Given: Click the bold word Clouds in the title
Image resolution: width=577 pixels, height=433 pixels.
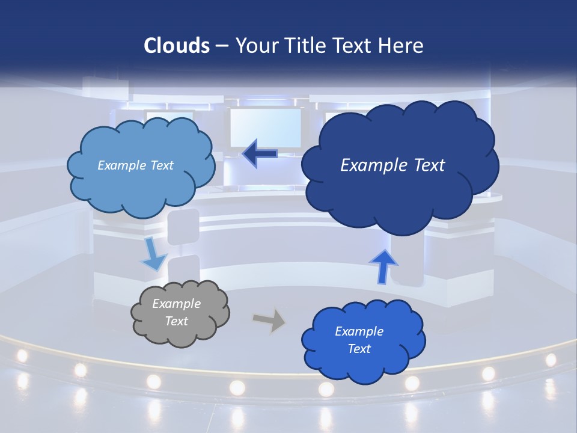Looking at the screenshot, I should (177, 46).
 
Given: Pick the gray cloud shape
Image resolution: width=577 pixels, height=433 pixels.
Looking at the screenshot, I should (180, 313).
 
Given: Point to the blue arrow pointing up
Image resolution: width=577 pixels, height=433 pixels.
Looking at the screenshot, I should (383, 265).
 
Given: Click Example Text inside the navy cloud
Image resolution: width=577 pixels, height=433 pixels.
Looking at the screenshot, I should (392, 165).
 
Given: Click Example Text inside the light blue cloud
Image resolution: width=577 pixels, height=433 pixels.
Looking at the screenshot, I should (135, 165).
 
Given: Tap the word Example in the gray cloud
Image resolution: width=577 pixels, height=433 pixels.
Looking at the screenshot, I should (176, 304).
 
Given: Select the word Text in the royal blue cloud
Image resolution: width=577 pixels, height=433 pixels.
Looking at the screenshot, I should (359, 349).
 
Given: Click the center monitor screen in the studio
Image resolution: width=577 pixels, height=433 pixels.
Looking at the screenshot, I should (265, 127).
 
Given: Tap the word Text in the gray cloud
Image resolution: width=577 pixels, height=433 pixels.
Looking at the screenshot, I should (176, 321).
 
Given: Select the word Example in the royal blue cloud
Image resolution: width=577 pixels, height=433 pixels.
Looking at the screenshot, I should (359, 331).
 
